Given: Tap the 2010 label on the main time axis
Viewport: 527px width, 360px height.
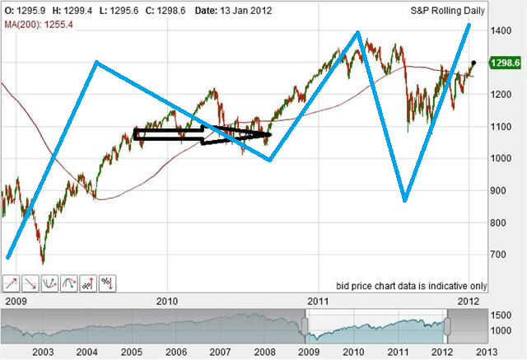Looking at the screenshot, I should [168, 301].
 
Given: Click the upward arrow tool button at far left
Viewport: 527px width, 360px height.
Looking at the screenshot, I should [12, 283].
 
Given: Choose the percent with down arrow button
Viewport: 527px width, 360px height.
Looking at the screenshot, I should [107, 283].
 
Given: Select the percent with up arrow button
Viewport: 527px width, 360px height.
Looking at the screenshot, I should [88, 283].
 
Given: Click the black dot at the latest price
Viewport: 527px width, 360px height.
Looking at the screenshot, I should [473, 63].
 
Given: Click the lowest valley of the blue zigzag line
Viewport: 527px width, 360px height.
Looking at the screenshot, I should [404, 199].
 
